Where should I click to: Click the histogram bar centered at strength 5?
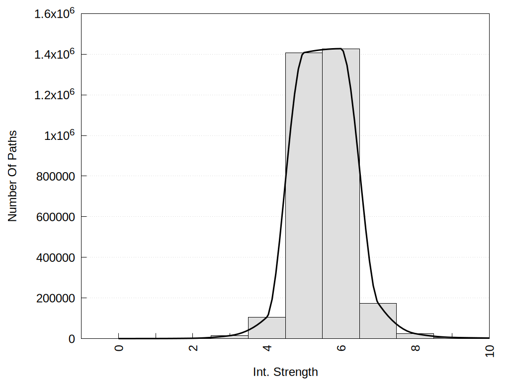(304, 198)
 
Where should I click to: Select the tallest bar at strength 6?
(341, 198)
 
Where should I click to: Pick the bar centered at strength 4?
(266, 328)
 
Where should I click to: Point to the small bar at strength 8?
(415, 336)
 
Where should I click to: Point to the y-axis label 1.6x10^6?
(54, 13)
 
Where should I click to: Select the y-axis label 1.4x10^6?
(54, 54)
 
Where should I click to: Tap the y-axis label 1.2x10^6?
(54, 95)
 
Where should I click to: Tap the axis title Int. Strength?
(285, 372)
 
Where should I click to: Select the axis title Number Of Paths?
(12, 176)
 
